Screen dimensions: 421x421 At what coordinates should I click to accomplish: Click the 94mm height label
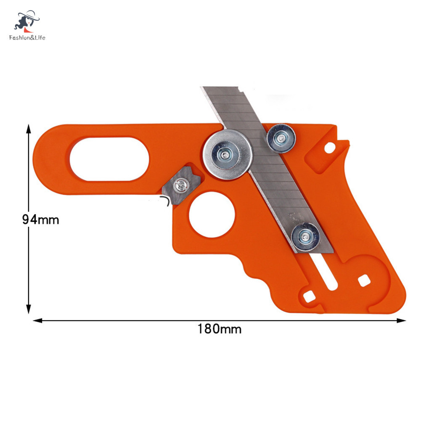(40, 220)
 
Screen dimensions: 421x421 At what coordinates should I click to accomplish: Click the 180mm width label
(220, 329)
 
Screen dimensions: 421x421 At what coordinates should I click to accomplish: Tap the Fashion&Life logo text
(27, 37)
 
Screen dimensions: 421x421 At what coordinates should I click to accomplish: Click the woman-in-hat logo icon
(26, 21)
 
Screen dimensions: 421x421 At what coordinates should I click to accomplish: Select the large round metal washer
(228, 154)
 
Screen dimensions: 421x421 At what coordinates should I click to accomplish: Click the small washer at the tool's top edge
(281, 138)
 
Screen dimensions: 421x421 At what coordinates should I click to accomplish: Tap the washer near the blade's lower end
(305, 237)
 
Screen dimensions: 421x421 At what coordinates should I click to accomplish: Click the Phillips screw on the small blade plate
(180, 185)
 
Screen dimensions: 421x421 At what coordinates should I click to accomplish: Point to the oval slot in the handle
(109, 159)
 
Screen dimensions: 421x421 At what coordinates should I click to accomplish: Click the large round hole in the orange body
(212, 214)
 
